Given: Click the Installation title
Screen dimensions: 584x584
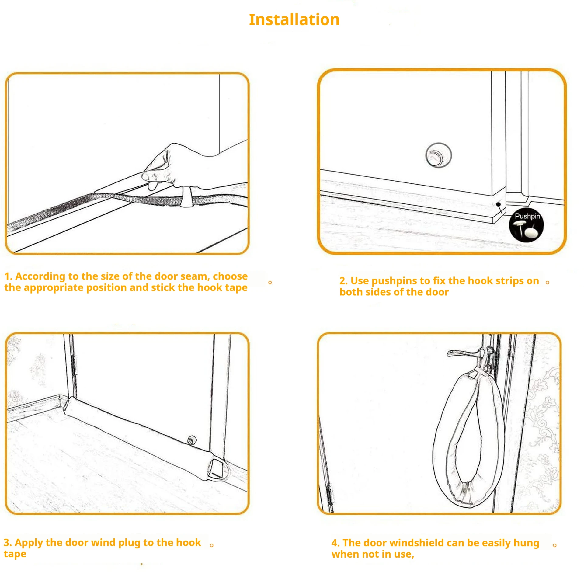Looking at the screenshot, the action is tap(294, 20).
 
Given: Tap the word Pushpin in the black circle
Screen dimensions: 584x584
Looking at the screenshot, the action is tap(527, 216).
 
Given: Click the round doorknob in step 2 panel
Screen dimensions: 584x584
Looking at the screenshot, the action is tap(438, 155).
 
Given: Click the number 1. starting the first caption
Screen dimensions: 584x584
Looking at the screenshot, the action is tap(8, 276).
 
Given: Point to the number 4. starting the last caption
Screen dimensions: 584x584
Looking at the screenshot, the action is tap(335, 543).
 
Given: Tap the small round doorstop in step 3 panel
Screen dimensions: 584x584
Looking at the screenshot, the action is tap(192, 440).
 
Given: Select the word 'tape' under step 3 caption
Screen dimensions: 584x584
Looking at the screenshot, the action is tap(15, 554).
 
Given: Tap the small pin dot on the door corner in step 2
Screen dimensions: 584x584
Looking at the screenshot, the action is tap(499, 204).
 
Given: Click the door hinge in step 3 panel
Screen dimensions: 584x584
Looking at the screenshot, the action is tap(73, 365).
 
